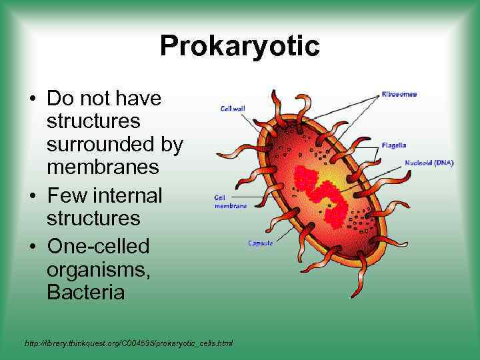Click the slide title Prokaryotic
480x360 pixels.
[240, 47]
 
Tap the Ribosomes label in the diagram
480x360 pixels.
[400, 94]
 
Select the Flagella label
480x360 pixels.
[394, 145]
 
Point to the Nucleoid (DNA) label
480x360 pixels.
[429, 163]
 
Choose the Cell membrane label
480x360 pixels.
[230, 202]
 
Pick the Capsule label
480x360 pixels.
[261, 243]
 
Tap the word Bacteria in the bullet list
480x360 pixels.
[85, 293]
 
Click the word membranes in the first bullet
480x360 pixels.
[103, 167]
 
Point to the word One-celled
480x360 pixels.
[98, 246]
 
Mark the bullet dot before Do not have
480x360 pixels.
[32, 99]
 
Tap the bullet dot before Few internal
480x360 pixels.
[32, 197]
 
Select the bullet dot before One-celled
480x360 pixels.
[32, 247]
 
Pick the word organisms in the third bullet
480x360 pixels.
[93, 269]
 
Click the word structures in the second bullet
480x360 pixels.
[93, 219]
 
